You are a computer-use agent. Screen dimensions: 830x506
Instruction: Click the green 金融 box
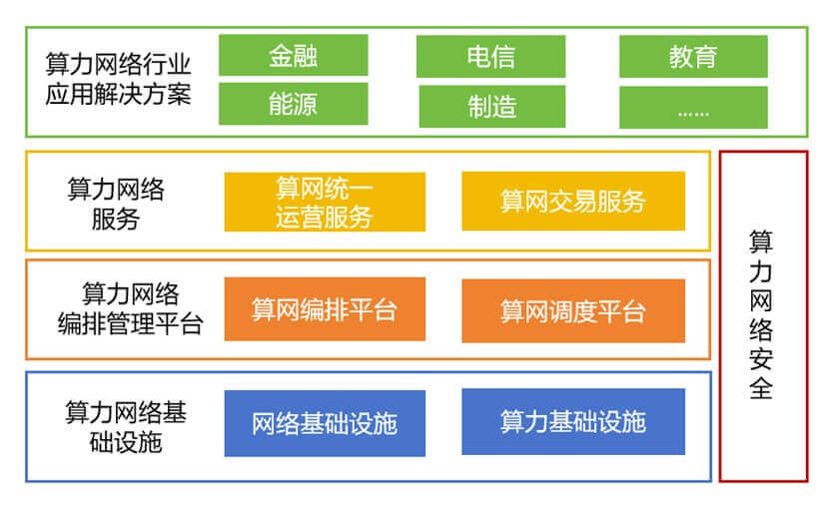(294, 55)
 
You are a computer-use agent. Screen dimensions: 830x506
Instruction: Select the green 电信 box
(490, 57)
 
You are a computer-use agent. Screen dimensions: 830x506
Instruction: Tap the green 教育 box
(693, 57)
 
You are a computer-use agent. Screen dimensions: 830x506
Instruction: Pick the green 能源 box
(294, 104)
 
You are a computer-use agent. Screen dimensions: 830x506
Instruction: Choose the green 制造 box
(492, 107)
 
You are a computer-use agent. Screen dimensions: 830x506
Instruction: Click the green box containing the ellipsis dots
(693, 108)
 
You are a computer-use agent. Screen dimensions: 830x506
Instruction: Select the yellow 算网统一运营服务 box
(325, 202)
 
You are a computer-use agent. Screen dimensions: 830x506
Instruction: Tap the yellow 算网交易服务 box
(573, 201)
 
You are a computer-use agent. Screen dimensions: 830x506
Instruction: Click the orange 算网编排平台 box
(325, 309)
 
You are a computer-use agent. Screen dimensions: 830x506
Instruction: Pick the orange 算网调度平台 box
(573, 311)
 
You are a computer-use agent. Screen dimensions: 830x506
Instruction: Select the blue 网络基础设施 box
(325, 423)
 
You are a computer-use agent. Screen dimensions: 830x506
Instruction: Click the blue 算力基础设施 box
(573, 421)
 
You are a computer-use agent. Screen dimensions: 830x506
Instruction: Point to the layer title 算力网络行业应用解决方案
(118, 79)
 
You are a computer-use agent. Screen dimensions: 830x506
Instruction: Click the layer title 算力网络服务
(116, 204)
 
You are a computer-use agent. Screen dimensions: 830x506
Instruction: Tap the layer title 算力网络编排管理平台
(130, 308)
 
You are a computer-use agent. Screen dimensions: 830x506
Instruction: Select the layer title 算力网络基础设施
(126, 427)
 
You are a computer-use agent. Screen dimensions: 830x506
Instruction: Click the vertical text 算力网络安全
(761, 315)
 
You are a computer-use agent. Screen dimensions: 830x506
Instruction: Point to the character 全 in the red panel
(761, 388)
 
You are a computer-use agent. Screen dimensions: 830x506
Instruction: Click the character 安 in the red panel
(761, 359)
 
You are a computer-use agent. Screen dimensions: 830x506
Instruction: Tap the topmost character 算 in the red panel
(761, 243)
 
